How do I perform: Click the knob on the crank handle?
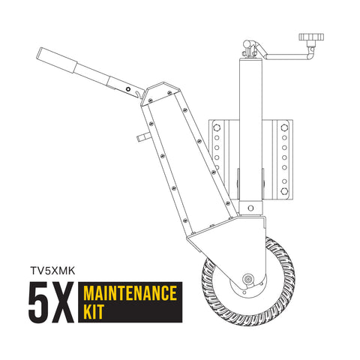coord(308,37)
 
